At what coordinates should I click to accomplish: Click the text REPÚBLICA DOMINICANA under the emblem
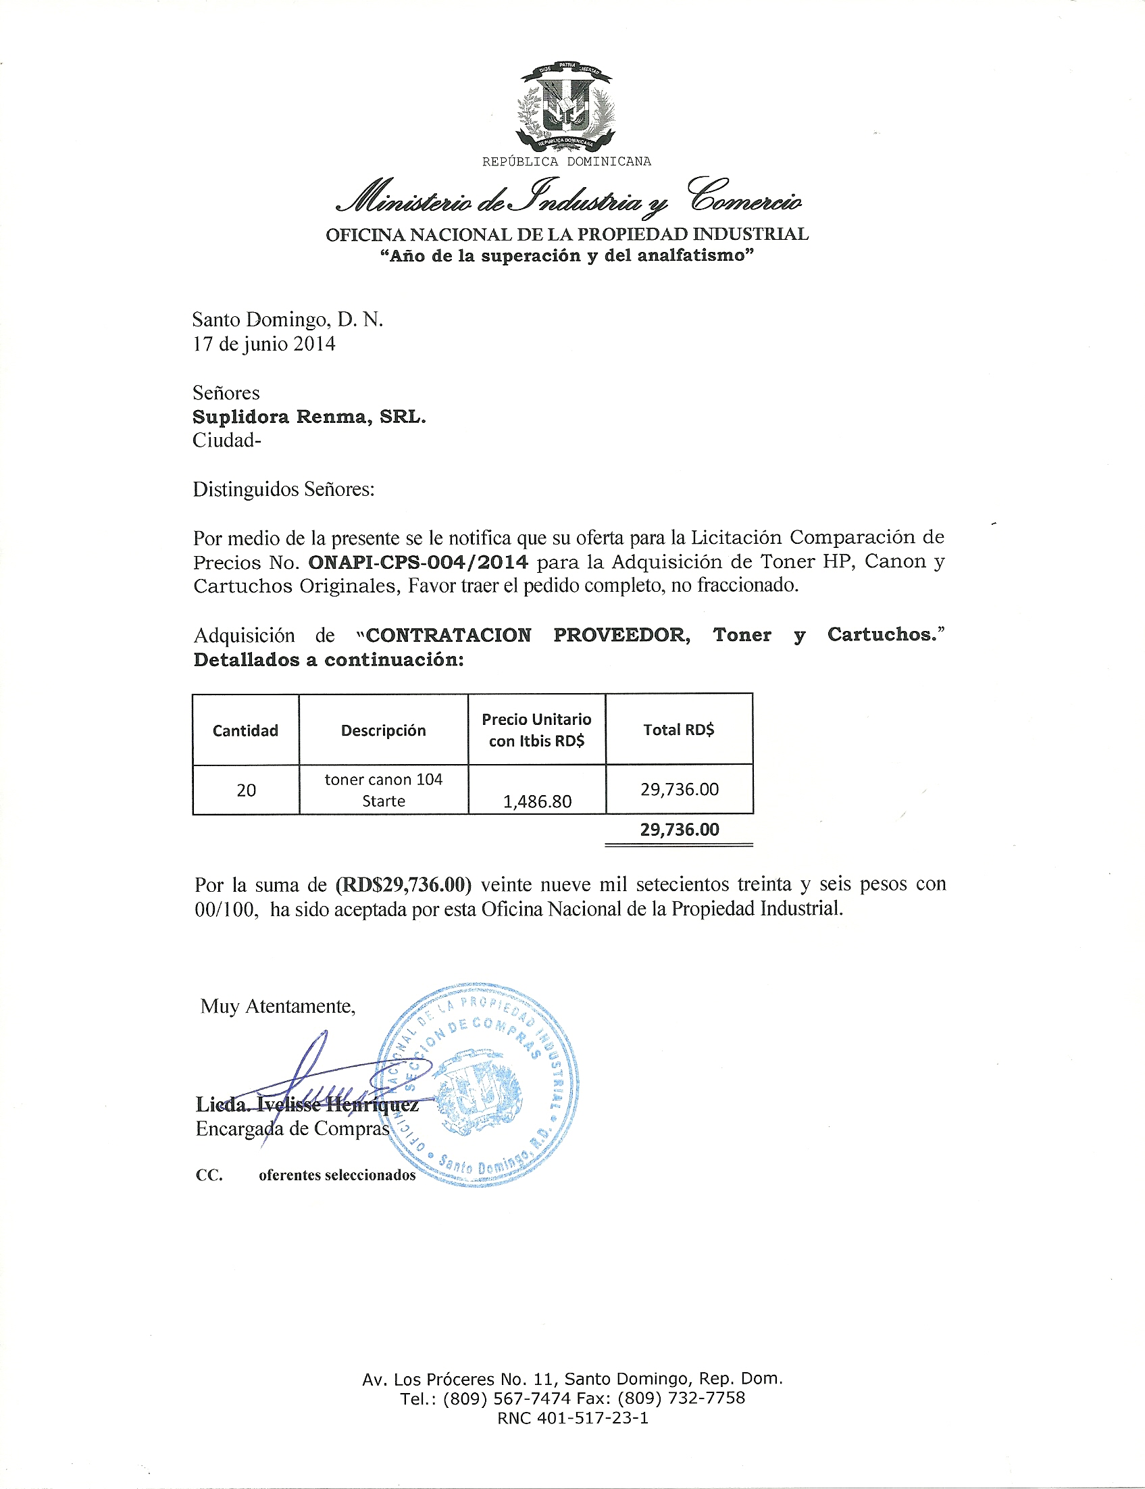pos(566,161)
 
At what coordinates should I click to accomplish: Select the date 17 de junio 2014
pos(263,344)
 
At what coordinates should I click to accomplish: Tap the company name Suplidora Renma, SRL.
pos(309,416)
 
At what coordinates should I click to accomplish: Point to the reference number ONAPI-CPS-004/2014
pos(417,562)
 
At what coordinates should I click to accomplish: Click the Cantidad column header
pos(245,730)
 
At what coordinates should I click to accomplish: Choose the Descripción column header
pos(383,730)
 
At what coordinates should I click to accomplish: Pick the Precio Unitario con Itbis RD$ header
pos(536,730)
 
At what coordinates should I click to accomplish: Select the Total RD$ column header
pos(679,730)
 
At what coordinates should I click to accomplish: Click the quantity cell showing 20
pos(246,790)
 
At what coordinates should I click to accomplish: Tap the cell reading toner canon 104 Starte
pos(383,790)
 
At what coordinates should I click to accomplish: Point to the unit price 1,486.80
pos(537,801)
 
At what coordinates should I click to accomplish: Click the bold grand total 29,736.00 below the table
pos(679,830)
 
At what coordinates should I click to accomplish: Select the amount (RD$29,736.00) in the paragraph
pos(403,885)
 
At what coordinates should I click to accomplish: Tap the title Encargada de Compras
pos(292,1129)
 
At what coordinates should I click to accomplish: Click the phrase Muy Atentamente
pos(278,1007)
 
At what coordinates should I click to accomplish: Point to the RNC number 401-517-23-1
pos(593,1418)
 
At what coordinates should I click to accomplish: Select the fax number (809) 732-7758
pos(681,1398)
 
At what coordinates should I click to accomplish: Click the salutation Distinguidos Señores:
pos(284,489)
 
